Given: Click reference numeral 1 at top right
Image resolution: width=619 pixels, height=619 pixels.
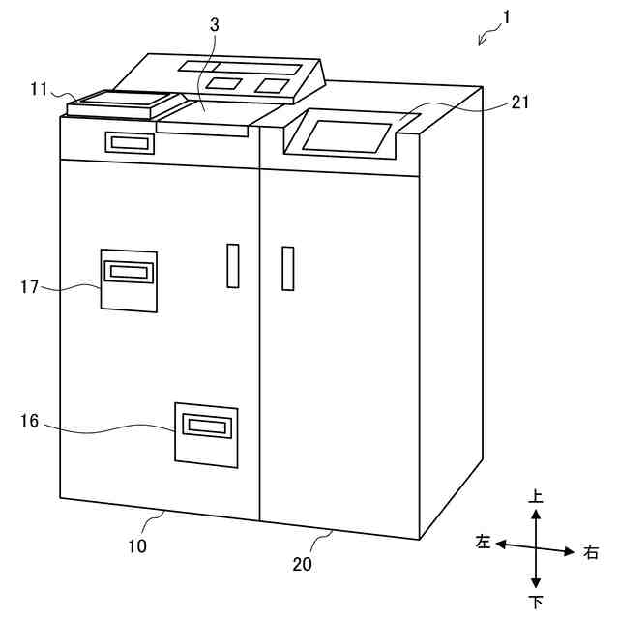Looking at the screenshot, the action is [509, 16].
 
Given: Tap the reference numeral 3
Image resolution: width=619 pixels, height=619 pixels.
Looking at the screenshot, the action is [214, 25].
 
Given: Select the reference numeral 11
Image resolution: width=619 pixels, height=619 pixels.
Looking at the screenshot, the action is [40, 89].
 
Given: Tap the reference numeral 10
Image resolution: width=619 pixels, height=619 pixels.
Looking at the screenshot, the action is [137, 546].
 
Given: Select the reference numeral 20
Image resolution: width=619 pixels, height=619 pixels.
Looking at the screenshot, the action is [303, 564].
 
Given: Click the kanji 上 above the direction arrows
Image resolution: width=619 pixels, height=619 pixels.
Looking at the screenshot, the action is [536, 496].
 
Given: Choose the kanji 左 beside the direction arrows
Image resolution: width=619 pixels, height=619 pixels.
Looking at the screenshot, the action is [483, 543].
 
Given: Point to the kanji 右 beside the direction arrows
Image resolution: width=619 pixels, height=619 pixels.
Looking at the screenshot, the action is [591, 553].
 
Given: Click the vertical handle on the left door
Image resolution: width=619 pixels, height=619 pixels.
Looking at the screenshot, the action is [231, 266].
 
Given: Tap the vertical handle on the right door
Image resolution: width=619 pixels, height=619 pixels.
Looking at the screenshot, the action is [287, 269].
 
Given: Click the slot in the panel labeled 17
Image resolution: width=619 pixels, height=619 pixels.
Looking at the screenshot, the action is [128, 272].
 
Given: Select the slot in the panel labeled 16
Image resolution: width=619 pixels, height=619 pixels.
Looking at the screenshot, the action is [205, 426].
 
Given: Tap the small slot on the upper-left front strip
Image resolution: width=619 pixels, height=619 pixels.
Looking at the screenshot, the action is [131, 143].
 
